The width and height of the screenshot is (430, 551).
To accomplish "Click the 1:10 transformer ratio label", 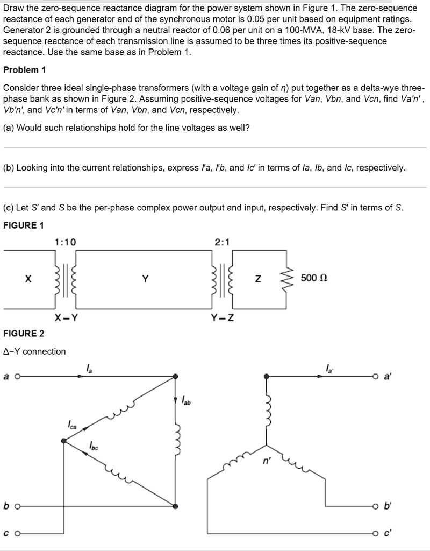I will click(x=66, y=242).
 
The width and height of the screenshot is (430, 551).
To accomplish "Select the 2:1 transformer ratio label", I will click(x=221, y=242).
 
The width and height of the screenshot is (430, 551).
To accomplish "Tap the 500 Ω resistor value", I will click(x=314, y=278).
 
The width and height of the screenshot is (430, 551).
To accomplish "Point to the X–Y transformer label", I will click(x=66, y=317).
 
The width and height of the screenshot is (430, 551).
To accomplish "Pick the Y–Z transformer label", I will click(x=221, y=317).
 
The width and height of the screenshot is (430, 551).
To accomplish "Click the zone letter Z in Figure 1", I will click(x=259, y=279).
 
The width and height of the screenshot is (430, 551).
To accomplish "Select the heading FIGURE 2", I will click(x=24, y=334).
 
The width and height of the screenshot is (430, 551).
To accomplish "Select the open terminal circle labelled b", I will click(x=17, y=506).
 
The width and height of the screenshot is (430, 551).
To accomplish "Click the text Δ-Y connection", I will click(x=34, y=351).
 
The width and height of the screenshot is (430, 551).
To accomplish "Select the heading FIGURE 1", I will click(x=24, y=225).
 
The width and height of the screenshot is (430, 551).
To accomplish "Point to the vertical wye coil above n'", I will click(x=266, y=409).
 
